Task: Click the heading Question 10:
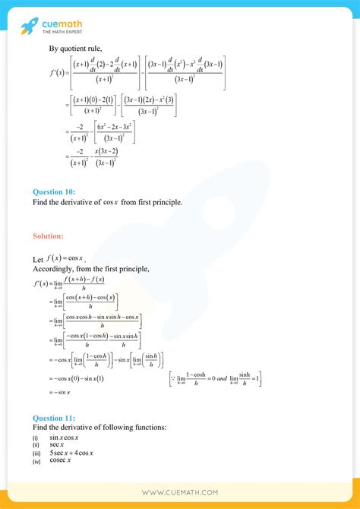53,191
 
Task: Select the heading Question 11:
53,418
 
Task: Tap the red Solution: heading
48,237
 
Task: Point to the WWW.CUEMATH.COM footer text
180,492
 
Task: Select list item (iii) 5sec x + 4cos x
71,453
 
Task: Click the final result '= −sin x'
58,391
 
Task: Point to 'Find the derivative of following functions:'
99,428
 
